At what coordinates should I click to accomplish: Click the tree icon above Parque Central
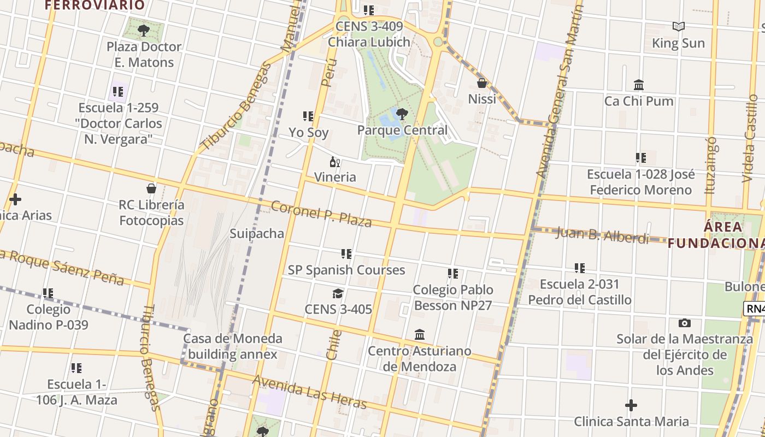402,114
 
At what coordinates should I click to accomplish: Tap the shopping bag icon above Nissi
482,83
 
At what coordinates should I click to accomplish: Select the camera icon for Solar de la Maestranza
684,323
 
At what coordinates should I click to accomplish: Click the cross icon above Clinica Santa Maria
631,405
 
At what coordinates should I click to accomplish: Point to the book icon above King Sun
679,26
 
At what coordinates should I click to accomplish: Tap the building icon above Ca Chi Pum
639,85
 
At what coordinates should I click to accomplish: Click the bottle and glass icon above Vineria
335,162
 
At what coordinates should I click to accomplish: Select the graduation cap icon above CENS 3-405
338,294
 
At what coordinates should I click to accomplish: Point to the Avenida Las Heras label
309,392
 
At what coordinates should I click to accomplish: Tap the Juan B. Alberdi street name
602,235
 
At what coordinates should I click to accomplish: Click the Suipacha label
257,234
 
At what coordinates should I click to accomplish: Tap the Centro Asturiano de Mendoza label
419,358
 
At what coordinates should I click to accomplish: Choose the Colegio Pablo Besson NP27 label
452,297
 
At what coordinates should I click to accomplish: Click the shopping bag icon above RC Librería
151,188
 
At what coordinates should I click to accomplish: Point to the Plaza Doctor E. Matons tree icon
144,30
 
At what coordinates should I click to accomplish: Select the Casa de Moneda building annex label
233,346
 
